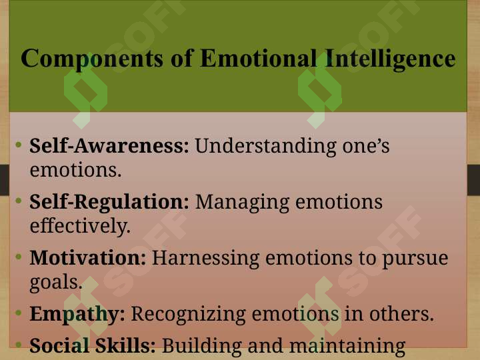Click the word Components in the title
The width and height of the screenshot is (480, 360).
(92, 59)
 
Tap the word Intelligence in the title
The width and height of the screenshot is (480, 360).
(390, 59)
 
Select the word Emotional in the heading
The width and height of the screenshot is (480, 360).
(259, 57)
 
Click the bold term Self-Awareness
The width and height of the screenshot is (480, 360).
(109, 145)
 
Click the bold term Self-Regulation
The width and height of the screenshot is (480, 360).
(109, 201)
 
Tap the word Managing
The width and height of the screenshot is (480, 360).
(242, 203)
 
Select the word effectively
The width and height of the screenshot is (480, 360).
(80, 226)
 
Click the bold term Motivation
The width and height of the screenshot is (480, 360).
(88, 258)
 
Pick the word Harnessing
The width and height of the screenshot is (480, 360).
(206, 259)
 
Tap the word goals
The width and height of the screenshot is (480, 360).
(56, 282)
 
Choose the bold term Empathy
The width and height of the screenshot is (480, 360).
(77, 315)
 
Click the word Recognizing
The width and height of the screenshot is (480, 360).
(188, 315)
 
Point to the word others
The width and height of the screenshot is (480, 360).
(401, 314)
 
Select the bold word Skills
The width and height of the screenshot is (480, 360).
(125, 345)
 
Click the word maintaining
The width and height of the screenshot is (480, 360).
(347, 346)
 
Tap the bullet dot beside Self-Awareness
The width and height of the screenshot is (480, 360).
(19, 144)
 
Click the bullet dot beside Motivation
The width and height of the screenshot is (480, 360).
(19, 256)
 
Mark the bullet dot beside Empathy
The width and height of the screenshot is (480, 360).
(19, 313)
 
